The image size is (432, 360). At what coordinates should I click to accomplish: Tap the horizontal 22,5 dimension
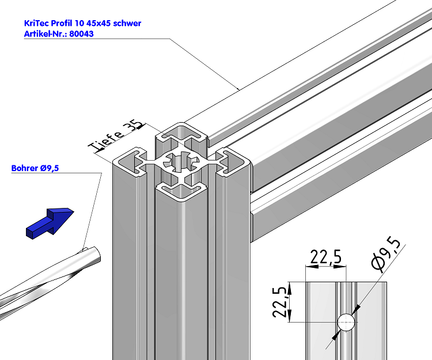(327, 257)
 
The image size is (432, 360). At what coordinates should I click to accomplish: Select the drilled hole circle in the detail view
(346, 323)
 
